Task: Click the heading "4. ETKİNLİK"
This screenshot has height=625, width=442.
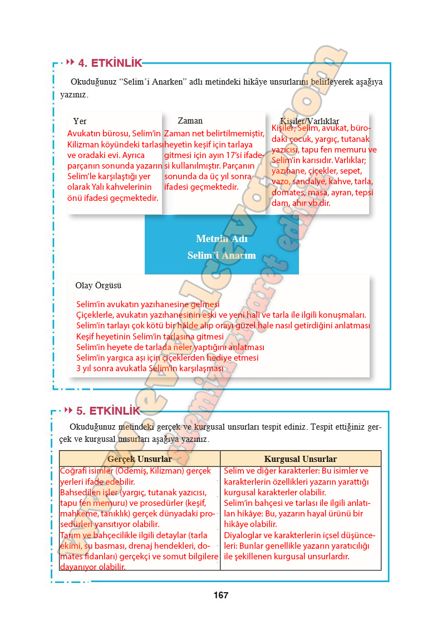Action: [110, 63]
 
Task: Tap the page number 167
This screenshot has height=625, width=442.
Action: [220, 595]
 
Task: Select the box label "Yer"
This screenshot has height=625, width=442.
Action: [80, 121]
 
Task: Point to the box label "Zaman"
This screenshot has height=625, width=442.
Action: [190, 121]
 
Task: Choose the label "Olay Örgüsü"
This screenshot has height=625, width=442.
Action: [98, 286]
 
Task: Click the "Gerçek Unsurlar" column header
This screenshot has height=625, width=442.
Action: [139, 459]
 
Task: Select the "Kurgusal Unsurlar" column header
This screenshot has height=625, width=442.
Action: [300, 459]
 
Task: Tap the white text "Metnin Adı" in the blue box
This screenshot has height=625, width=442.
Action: [222, 239]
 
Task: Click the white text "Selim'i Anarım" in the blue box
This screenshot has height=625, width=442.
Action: [222, 255]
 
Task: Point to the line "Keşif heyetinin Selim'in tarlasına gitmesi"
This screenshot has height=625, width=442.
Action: [150, 336]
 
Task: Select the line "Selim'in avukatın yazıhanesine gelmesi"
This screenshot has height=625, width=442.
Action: [148, 304]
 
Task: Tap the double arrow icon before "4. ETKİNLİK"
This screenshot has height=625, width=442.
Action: [70, 62]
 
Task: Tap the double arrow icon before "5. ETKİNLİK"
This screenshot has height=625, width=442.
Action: [68, 410]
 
